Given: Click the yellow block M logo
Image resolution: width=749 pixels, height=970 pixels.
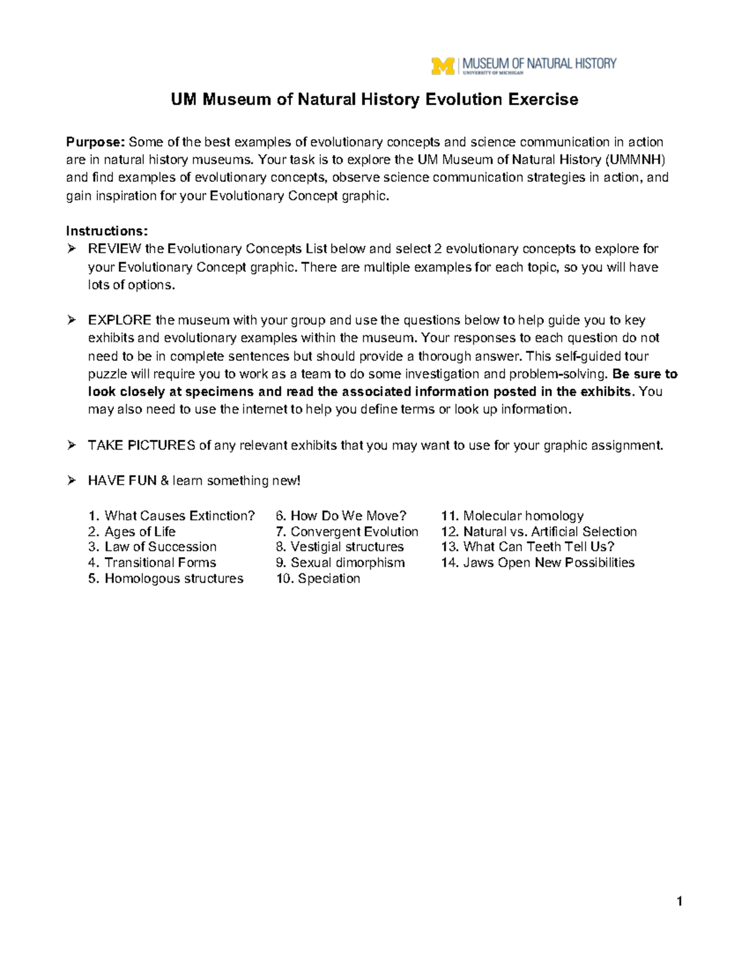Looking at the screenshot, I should (x=443, y=66).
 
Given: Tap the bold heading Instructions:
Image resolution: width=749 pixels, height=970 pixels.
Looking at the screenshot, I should (x=107, y=231).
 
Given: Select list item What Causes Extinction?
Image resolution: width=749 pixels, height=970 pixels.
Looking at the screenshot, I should (x=179, y=516).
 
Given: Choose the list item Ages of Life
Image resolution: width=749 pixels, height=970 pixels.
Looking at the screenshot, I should (x=140, y=532).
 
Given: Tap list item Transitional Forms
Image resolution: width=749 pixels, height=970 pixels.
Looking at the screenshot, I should (x=160, y=563).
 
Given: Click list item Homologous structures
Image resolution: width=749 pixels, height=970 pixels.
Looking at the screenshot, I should (x=174, y=578).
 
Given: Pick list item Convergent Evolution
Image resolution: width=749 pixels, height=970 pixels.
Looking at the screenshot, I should (x=354, y=532).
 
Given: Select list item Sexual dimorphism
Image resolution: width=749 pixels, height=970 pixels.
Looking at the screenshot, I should (x=347, y=563).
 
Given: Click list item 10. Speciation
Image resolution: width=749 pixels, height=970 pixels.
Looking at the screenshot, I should (x=318, y=578).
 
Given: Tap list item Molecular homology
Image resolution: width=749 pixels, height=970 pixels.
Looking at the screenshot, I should (x=522, y=516).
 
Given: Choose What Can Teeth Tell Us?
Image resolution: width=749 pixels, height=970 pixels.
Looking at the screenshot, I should (x=538, y=547).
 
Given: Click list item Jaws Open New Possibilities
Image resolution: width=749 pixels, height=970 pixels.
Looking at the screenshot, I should (x=548, y=563).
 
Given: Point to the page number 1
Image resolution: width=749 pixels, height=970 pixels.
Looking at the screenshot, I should (x=679, y=901).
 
